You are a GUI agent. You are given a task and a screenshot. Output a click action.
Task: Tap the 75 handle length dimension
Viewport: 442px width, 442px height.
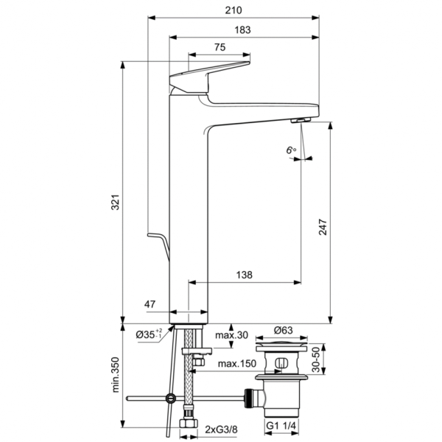[x=220, y=47]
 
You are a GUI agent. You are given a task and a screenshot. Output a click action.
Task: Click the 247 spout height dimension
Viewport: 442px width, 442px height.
[x=321, y=230]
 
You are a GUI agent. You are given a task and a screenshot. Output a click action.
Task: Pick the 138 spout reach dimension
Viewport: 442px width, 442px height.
[x=245, y=275]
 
